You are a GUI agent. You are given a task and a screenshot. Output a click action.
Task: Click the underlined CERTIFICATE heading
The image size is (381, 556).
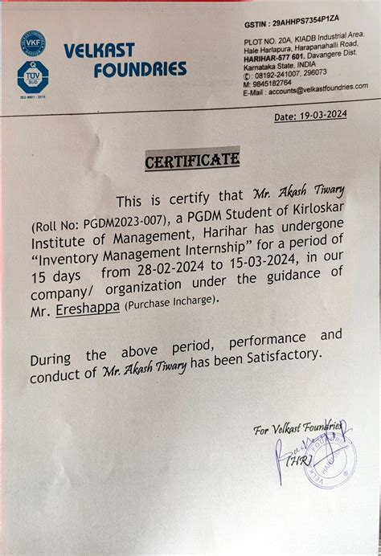coord(191,161)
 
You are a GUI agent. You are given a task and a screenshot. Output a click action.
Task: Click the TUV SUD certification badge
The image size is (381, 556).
coord(33,76)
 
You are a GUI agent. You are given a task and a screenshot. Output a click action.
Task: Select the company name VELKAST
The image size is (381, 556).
coord(100,51)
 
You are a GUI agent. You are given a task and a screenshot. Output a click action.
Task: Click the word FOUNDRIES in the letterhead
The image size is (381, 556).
coord(140,70)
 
